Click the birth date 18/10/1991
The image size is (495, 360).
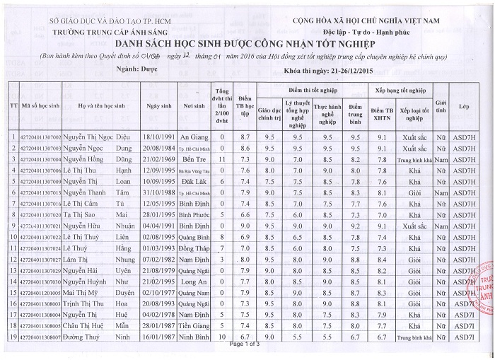(x=159, y=136)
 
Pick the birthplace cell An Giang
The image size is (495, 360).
(x=193, y=136)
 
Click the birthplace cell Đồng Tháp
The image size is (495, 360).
(x=193, y=248)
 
